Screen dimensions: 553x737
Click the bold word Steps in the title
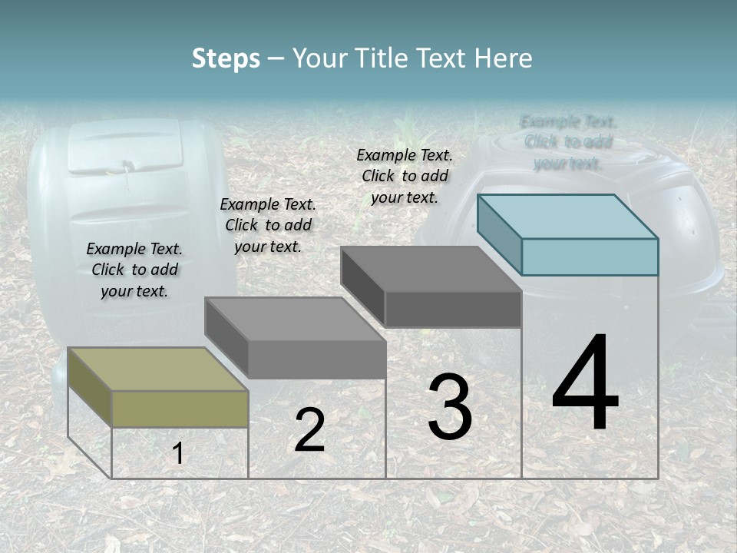click(x=226, y=58)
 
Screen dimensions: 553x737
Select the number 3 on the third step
click(x=450, y=407)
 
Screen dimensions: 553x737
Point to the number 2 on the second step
click(x=309, y=430)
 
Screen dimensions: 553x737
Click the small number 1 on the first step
click(x=177, y=454)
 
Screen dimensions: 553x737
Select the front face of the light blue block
click(x=590, y=257)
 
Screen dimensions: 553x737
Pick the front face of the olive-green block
click(x=180, y=409)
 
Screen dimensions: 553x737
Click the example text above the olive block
click(x=134, y=270)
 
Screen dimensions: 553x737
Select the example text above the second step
click(x=268, y=225)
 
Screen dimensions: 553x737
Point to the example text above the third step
click(x=405, y=176)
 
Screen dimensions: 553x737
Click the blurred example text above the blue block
click(x=568, y=142)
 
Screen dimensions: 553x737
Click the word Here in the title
click(x=504, y=58)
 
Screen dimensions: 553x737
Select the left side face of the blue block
click(x=499, y=233)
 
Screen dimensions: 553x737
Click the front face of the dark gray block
click(x=453, y=310)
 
